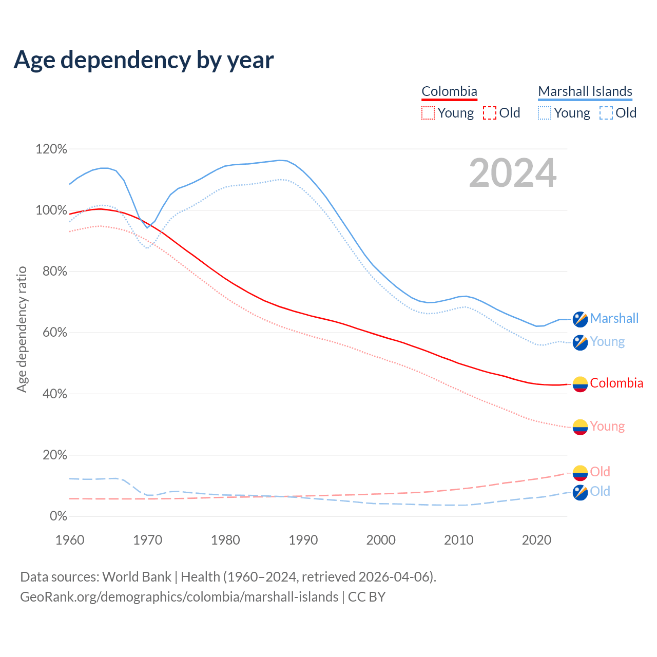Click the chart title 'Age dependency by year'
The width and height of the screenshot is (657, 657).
[144, 60]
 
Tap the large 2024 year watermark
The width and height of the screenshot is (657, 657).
[512, 173]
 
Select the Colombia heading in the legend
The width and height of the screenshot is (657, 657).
[449, 91]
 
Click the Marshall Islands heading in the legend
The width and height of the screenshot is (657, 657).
[585, 91]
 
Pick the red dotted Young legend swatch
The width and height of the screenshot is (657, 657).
[428, 113]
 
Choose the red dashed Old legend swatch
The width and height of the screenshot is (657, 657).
[490, 113]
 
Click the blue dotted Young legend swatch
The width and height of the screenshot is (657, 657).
[545, 113]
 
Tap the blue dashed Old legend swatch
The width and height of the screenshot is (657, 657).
[606, 113]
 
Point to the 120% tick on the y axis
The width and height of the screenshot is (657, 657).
[51, 149]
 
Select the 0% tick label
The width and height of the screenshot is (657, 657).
[58, 516]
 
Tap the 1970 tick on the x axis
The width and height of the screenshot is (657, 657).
[147, 540]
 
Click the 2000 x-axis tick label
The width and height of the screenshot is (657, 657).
[381, 540]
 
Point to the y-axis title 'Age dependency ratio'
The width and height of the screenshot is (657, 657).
[22, 329]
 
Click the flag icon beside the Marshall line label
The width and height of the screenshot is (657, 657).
[580, 319]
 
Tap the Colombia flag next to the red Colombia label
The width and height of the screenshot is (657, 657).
[580, 384]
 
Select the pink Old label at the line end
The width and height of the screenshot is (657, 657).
[600, 472]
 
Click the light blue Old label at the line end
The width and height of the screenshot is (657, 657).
[600, 491]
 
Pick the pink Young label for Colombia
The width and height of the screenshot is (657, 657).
[607, 426]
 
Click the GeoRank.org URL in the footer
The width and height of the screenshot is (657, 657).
[179, 597]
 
